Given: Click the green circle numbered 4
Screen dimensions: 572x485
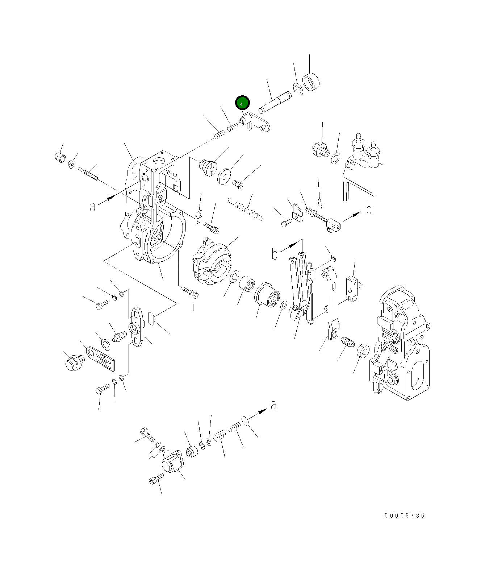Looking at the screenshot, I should [x=242, y=103].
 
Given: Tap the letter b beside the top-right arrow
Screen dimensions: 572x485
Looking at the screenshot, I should [x=369, y=209].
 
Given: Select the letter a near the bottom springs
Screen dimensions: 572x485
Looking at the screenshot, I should [x=274, y=405].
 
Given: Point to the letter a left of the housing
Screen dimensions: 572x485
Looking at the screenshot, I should [x=93, y=207].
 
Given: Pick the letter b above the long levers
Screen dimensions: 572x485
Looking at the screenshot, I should [x=275, y=254].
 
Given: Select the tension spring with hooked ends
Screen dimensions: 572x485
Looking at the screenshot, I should [x=246, y=210].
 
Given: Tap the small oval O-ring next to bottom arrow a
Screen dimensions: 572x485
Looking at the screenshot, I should [x=245, y=420].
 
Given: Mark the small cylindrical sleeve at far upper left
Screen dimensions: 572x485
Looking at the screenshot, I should [x=60, y=158].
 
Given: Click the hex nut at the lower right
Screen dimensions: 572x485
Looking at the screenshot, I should [x=363, y=351].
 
